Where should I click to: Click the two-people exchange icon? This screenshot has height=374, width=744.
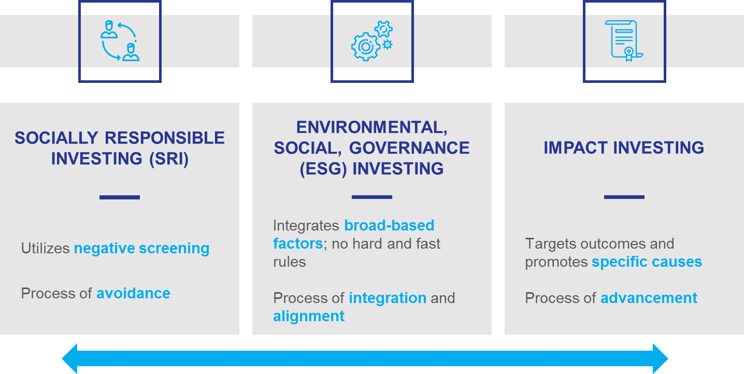pos(120,41)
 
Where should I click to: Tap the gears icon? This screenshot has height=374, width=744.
pos(372,41)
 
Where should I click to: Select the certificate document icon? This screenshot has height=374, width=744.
pos(624,41)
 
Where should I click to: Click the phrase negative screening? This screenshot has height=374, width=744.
pos(141,249)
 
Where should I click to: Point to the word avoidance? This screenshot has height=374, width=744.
pos(133,293)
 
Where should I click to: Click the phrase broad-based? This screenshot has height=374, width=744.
pos(389,225)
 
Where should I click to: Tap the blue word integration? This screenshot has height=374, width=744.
pos(388,298)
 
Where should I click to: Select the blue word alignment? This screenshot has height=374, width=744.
pos(309,317)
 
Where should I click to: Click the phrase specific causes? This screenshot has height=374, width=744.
pos(647,262)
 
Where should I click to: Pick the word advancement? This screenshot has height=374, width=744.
pos(649,298)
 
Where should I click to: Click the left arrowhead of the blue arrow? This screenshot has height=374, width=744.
pos(69,359)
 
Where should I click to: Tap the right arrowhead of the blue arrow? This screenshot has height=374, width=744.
pos(660,359)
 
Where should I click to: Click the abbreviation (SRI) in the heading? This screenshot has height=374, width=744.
pos(169,159)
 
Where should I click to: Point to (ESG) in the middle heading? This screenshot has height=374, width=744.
pos(323,169)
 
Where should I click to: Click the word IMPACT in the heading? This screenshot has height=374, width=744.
pos(576,148)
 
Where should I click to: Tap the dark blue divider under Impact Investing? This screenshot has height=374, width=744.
pos(624,197)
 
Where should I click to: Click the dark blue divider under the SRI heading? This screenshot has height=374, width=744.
pos(120,197)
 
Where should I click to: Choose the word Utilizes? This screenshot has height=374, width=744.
pos(45,248)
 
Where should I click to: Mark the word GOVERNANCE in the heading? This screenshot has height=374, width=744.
pos(409,148)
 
